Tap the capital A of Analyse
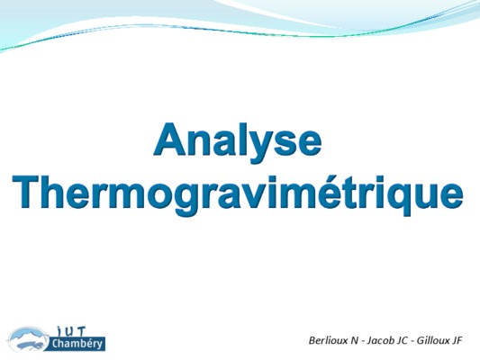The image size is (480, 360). click(170, 139)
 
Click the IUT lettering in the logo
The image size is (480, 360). click(71, 331)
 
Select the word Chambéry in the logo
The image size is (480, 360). click(77, 344)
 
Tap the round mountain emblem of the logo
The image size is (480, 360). click(29, 339)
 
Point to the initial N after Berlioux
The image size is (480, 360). click(354, 340)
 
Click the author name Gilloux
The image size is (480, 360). click(431, 340)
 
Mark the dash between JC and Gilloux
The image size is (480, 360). click(412, 342)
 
